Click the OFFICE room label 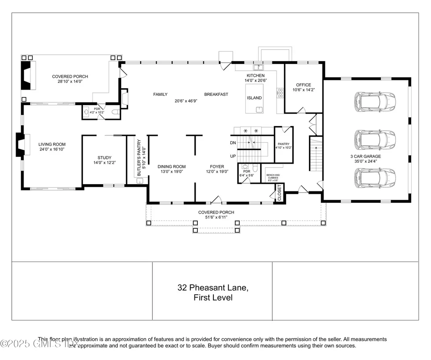[x=303, y=85]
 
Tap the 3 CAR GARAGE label [x=366, y=156]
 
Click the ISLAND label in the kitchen [x=254, y=98]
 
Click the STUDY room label [x=104, y=158]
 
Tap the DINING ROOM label [x=171, y=167]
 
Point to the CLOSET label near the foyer [x=279, y=192]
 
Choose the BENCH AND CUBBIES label [x=273, y=176]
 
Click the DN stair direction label [x=233, y=143]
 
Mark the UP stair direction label [x=233, y=156]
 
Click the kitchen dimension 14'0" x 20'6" [x=255, y=80]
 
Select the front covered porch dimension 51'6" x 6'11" [x=216, y=217]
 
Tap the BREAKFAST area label [x=216, y=95]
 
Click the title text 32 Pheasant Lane [x=213, y=288]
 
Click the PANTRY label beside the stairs [x=283, y=144]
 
